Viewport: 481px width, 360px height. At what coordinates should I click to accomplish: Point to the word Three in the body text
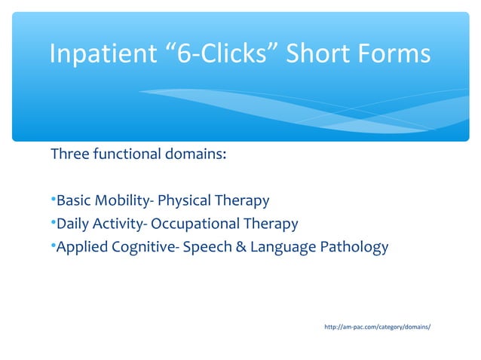[69, 155]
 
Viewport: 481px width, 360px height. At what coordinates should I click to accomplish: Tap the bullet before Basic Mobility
[53, 200]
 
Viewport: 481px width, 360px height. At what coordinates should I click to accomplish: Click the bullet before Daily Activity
[53, 224]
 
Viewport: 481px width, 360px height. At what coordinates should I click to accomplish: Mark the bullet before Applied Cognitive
[53, 246]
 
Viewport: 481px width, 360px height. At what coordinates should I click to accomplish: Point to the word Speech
[207, 247]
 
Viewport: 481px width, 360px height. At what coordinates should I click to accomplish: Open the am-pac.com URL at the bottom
[377, 327]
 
